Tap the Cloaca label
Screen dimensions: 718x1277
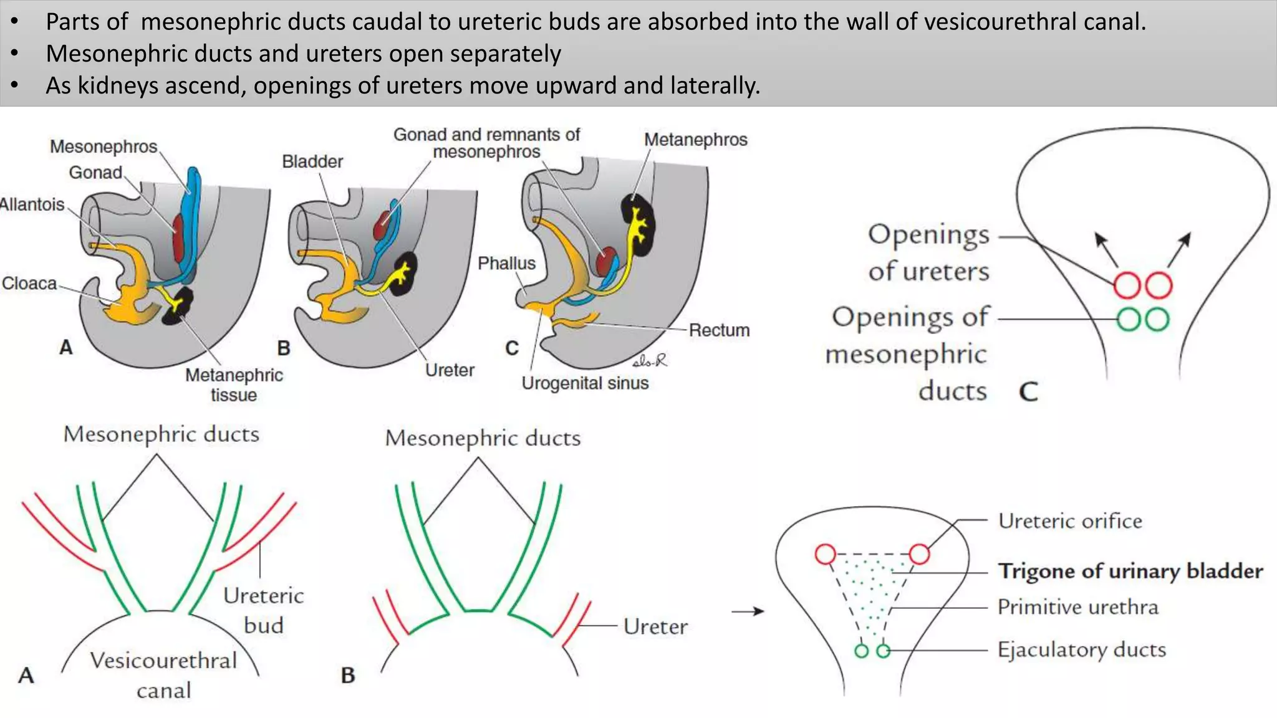pos(29,284)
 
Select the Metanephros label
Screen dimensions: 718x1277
pos(695,140)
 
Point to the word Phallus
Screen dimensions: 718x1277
pos(506,264)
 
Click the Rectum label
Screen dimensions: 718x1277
pos(719,330)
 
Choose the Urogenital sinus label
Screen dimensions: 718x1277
pos(585,383)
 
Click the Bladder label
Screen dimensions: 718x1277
pos(312,162)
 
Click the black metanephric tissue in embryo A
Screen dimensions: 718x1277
pos(178,307)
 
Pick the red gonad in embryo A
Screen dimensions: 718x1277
pos(179,238)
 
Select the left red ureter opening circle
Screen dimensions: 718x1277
pos(1127,286)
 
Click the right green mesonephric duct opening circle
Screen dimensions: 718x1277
pos(1157,320)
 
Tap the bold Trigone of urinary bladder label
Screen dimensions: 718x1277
pos(1130,571)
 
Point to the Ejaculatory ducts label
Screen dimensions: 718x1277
pos(1081,650)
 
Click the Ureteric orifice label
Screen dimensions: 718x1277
pos(1070,521)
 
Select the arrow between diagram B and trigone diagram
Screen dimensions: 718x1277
pos(748,611)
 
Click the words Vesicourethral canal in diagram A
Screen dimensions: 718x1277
pos(163,675)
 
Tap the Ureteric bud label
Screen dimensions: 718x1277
pos(264,610)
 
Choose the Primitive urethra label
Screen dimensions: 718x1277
pos(1077,607)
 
